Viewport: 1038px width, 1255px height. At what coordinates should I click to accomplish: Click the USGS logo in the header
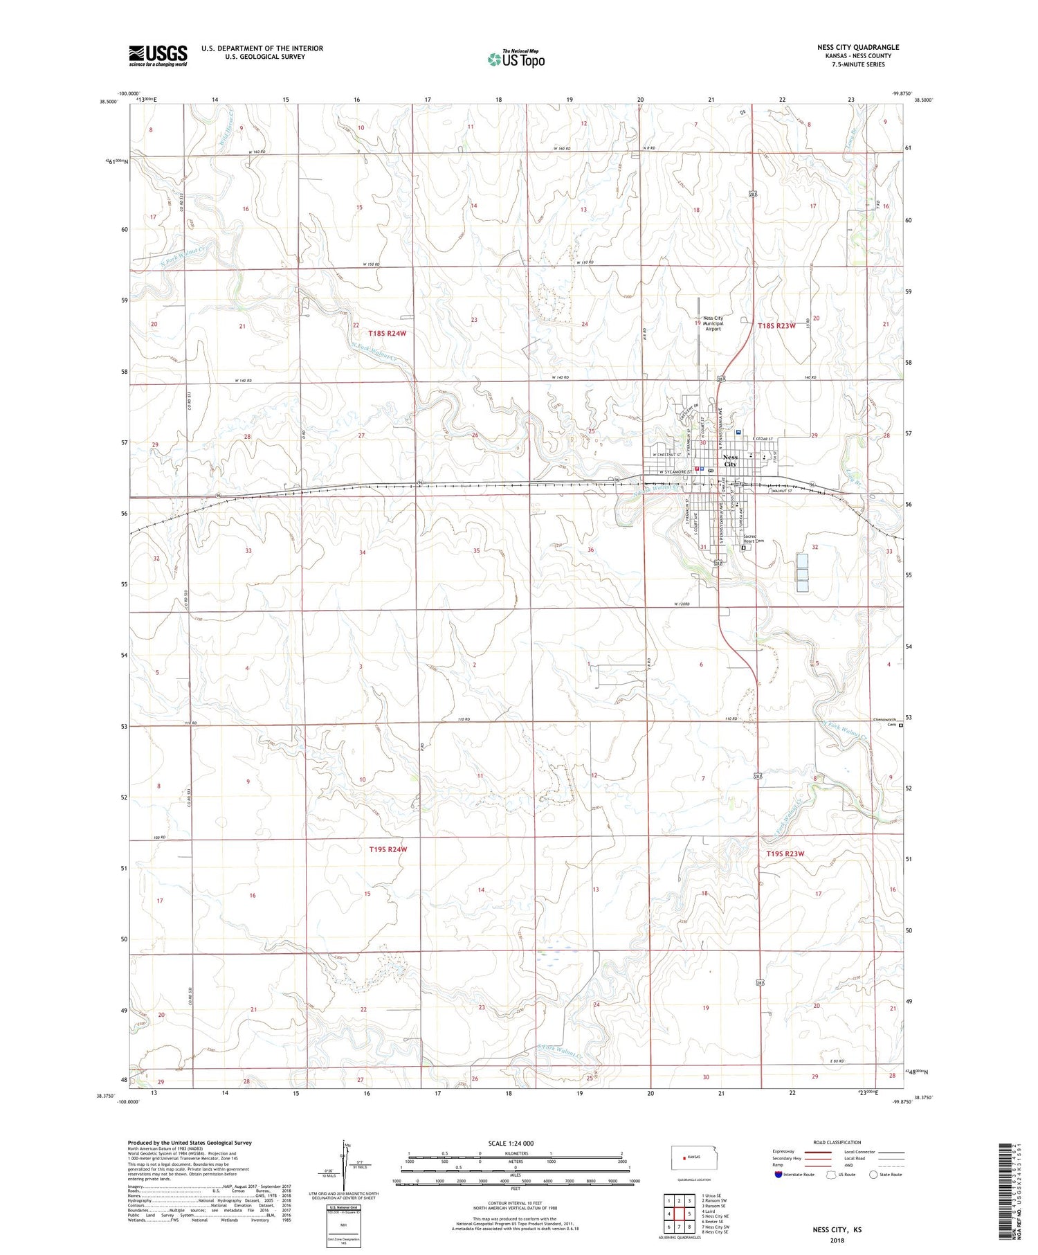(158, 55)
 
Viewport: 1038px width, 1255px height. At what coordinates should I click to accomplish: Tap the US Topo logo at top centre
(516, 60)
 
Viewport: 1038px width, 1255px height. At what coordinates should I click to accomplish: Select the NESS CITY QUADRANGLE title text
(857, 48)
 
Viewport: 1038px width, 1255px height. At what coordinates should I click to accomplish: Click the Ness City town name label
(730, 460)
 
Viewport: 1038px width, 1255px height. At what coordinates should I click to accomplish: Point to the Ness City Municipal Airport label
(713, 323)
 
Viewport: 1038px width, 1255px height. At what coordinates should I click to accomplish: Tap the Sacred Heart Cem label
(753, 539)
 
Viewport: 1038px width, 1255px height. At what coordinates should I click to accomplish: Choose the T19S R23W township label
(785, 854)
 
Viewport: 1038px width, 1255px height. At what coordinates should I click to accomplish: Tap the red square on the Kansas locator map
(682, 1157)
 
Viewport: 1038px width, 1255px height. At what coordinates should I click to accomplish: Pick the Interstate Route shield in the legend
(779, 1175)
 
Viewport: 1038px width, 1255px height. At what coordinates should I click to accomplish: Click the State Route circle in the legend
(873, 1175)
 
